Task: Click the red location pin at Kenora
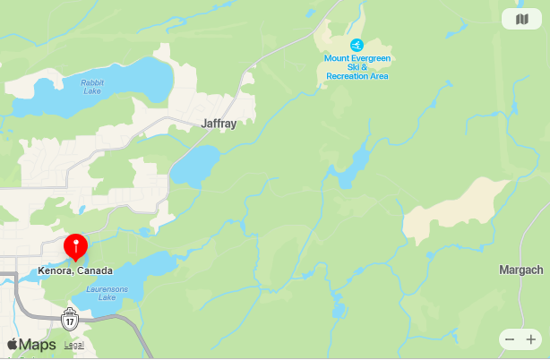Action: (x=76, y=244)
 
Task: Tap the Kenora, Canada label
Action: (x=76, y=270)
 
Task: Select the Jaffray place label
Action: (x=219, y=124)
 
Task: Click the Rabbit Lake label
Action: (x=92, y=87)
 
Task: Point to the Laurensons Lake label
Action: (x=107, y=293)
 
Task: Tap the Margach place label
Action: (x=520, y=270)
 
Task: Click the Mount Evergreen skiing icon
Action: (x=357, y=46)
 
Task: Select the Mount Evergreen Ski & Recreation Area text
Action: (x=357, y=67)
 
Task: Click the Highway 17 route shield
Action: (x=70, y=318)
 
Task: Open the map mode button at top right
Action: (x=522, y=20)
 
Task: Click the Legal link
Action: (x=73, y=345)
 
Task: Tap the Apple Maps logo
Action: (x=31, y=345)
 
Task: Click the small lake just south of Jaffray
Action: (x=195, y=166)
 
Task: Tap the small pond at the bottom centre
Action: (x=339, y=311)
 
